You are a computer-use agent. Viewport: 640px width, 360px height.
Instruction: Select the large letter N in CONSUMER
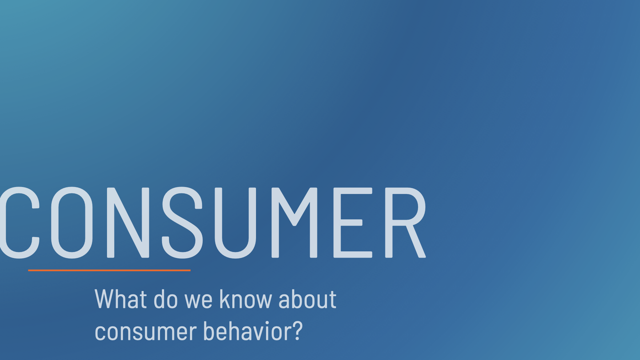coord(128,223)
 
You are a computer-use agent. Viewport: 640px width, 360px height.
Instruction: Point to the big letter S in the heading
coord(182,223)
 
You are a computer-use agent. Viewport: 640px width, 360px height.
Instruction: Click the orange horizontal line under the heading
coord(109,270)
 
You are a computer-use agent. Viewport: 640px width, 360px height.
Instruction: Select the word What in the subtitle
coord(121,299)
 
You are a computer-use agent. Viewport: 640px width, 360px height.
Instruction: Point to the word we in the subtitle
coord(199,302)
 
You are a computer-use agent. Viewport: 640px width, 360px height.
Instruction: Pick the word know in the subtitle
coord(246,299)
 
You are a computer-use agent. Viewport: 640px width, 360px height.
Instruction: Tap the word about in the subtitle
coord(307,299)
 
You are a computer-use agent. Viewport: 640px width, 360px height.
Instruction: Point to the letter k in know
coord(224,299)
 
